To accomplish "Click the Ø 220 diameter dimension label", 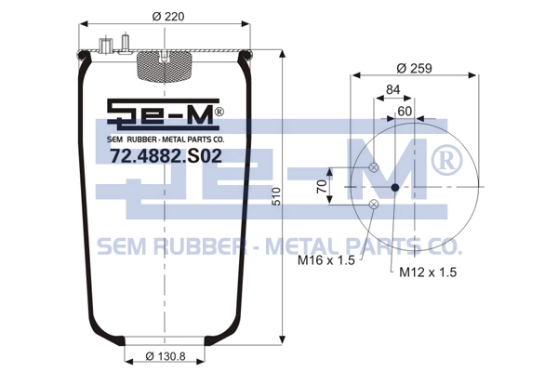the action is click(168, 17).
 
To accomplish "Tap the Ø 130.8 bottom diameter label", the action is click(166, 356).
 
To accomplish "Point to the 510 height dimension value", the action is click(276, 196).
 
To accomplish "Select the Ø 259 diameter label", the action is click(414, 68).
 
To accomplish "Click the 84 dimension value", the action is click(393, 89).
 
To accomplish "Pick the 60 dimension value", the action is click(405, 111).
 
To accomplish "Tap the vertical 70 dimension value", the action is click(322, 186).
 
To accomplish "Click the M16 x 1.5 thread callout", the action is click(326, 260).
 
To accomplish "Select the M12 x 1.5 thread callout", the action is click(428, 272).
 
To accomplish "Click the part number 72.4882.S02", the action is click(166, 155).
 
